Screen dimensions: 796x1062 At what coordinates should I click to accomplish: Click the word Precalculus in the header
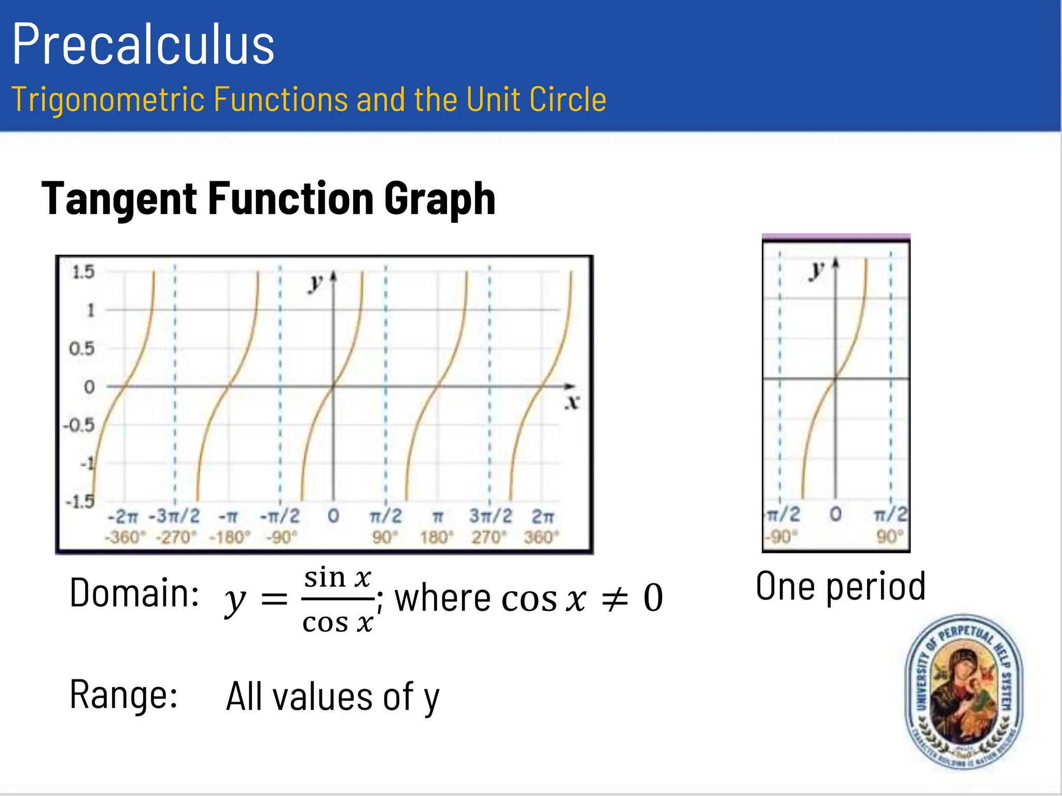click(x=143, y=45)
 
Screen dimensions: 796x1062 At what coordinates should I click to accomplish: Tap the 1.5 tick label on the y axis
click(x=83, y=272)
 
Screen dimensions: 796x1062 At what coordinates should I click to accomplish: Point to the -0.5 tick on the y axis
click(x=79, y=425)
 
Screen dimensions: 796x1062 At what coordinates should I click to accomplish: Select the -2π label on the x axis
click(x=123, y=517)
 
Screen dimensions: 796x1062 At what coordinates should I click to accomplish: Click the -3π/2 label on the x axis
click(x=174, y=516)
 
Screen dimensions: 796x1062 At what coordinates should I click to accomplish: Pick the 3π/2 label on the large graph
click(x=491, y=516)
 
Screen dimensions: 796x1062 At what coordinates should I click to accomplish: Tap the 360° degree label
click(x=541, y=537)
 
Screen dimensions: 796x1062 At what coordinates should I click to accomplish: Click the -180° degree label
click(x=229, y=537)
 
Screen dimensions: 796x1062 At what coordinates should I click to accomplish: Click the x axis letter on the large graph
click(x=572, y=402)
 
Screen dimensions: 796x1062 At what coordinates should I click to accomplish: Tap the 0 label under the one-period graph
click(x=835, y=515)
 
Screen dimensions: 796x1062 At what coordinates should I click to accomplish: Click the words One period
click(x=841, y=586)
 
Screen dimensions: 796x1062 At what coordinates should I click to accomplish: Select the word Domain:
click(x=134, y=593)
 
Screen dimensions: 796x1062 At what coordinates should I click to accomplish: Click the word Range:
click(x=123, y=694)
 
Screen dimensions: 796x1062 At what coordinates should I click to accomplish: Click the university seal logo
click(x=963, y=692)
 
